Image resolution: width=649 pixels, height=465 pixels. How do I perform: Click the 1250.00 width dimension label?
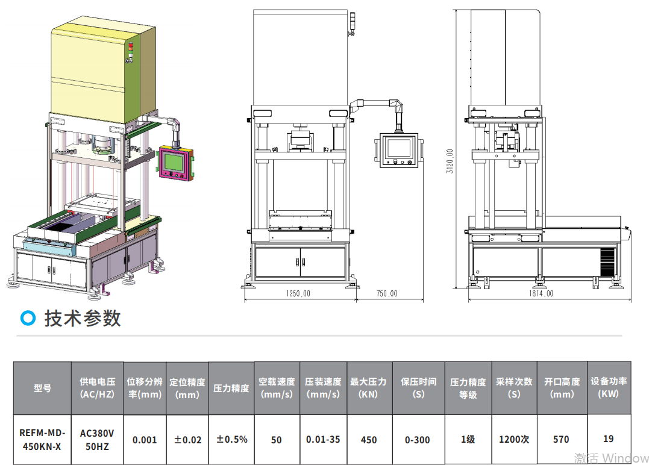point(298,293)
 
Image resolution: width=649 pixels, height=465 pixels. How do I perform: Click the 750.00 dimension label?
point(387,293)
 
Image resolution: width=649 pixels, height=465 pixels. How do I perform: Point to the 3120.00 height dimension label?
point(450,161)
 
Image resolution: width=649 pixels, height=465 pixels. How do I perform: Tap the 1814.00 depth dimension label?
point(541,293)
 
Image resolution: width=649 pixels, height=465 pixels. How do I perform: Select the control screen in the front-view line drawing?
point(399,150)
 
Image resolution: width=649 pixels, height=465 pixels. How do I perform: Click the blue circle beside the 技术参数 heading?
point(28,317)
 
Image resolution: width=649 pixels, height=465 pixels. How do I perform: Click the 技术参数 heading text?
point(83,318)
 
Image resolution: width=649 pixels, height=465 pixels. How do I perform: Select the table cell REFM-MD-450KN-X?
point(42,439)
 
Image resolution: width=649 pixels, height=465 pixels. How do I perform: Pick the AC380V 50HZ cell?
point(97,439)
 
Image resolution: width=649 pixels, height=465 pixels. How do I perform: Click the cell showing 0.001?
point(145,440)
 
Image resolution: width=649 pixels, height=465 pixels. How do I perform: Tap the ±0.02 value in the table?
point(187,440)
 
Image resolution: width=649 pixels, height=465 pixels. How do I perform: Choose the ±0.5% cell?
point(232,439)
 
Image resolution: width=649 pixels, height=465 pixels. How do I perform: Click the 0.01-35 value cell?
point(323,439)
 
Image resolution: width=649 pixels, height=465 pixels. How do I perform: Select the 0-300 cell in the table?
point(418,440)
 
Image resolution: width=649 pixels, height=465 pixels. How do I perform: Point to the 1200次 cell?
point(514,439)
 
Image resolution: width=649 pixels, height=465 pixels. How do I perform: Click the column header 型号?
point(42,388)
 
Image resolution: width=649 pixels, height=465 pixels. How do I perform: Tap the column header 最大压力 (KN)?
point(368,388)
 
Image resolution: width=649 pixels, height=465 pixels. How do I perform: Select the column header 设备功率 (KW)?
point(609,387)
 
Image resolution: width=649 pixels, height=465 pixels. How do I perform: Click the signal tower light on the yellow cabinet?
point(130,51)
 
